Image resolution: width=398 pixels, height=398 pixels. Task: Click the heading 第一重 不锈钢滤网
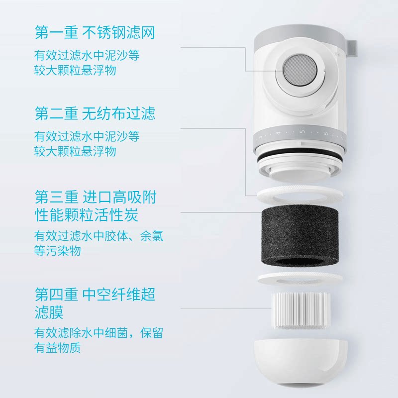(x=95, y=32)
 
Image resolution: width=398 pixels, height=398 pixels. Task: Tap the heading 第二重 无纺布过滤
(x=95, y=113)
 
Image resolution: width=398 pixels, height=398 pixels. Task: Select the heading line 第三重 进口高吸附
(x=96, y=197)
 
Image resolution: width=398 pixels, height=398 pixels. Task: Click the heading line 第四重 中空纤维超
(x=95, y=295)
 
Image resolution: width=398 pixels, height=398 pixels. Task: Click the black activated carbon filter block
(x=300, y=235)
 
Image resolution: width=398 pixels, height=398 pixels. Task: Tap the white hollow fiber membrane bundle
(x=300, y=310)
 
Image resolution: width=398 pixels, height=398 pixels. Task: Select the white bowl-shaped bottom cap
(x=300, y=362)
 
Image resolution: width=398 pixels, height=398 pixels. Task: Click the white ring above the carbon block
(x=300, y=194)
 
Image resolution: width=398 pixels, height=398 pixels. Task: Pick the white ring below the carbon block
(x=300, y=279)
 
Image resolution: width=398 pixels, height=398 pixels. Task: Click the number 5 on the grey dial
(x=302, y=132)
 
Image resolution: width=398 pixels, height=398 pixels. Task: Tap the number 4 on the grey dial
(x=278, y=133)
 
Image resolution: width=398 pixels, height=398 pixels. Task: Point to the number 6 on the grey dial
(x=326, y=133)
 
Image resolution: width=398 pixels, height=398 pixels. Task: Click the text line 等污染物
(x=58, y=251)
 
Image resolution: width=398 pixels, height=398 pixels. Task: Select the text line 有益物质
(x=58, y=348)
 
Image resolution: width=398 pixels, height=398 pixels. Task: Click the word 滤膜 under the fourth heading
(x=49, y=312)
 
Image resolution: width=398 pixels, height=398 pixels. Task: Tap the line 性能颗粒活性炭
(x=86, y=215)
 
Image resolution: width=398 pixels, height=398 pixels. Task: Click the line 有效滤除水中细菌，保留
(x=99, y=333)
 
